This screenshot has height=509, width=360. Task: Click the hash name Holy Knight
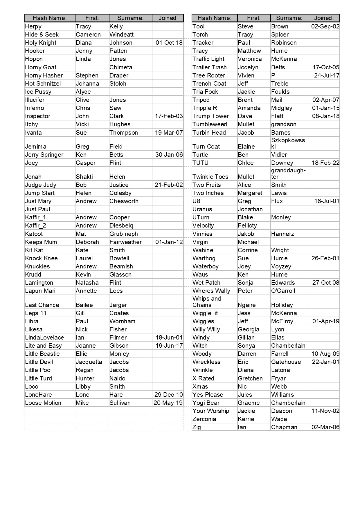coord(41,43)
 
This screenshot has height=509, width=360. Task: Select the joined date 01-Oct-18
coord(169,43)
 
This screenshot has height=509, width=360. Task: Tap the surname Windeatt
coord(122,35)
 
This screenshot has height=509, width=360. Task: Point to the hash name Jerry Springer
coord(44,155)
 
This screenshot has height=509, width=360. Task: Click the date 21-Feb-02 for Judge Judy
coord(169,185)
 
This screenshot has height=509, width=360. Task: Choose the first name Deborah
coord(87,242)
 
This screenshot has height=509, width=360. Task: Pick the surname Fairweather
coord(126,242)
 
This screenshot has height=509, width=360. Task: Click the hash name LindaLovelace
coord(45,337)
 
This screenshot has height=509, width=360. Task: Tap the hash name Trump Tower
coord(211,116)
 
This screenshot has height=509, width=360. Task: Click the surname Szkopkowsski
coord(288,143)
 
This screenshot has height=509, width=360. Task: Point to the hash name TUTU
coord(201,163)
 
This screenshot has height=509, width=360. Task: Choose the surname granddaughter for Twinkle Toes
coord(288,174)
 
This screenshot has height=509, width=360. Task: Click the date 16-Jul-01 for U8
coord(327,201)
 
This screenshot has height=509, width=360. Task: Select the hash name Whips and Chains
coord(207,302)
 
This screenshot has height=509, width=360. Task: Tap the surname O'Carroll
coord(283,291)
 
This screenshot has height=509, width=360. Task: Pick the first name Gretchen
coord(250,378)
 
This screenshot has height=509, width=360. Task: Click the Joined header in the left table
coord(168,18)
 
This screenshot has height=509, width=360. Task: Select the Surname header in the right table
coord(289,18)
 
